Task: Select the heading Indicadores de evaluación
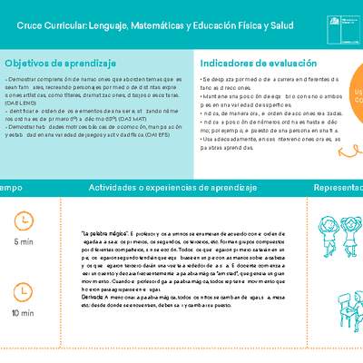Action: (258, 64)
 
